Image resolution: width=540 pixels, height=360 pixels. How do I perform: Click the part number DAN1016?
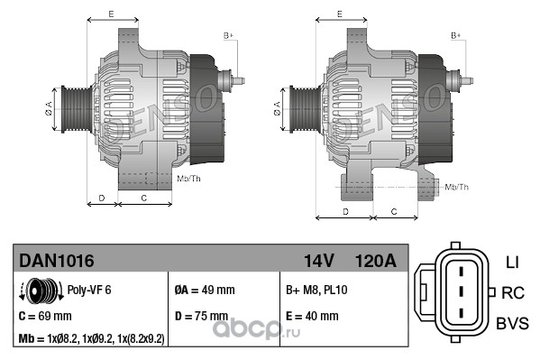(57, 261)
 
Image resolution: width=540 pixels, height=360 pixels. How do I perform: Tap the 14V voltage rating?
(318, 261)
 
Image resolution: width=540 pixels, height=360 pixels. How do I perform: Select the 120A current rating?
(375, 261)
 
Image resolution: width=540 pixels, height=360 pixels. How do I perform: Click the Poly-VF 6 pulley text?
(89, 290)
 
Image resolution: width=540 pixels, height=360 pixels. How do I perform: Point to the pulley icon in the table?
(41, 291)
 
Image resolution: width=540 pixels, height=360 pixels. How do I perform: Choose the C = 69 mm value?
(45, 316)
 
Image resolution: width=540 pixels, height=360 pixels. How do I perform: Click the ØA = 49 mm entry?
(205, 290)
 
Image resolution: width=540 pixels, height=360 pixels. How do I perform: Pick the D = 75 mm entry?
(201, 316)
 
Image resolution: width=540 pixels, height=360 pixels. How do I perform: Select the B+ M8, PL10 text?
(316, 290)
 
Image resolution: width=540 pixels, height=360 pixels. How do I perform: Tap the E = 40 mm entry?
(312, 316)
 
